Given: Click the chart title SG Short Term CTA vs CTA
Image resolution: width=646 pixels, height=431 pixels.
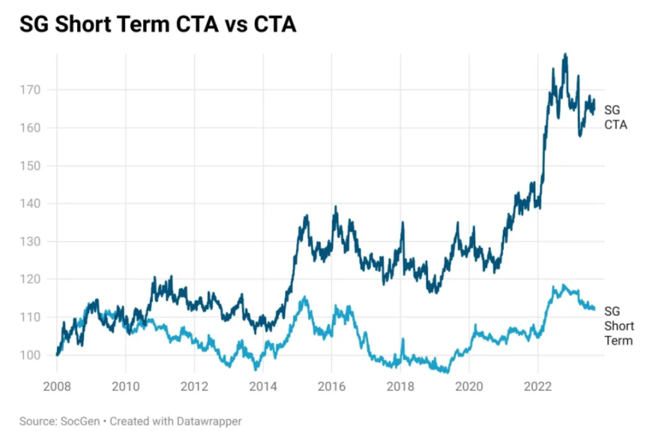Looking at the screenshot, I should pos(158,24).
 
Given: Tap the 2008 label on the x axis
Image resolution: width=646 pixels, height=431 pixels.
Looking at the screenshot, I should pos(57,386).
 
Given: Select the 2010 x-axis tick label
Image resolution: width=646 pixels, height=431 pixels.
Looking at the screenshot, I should pos(125,386).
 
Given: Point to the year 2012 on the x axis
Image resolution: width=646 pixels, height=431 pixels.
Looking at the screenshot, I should pos(194,386).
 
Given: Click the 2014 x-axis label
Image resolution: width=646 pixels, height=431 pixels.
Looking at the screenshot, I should pos(263,386).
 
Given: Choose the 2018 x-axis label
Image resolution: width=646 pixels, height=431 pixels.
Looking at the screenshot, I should pos(401,386).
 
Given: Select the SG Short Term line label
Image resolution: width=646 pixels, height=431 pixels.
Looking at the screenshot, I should pos(619,326).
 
